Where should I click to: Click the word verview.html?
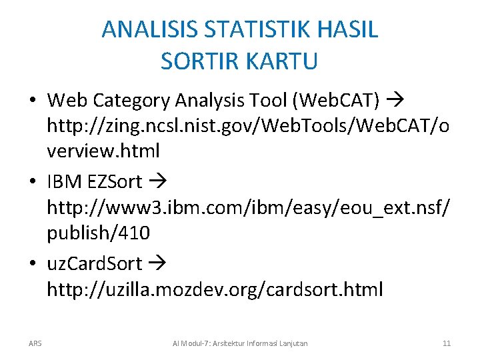click(103, 151)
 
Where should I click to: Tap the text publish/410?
click(98, 233)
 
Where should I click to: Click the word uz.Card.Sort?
click(94, 264)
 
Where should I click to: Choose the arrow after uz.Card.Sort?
click(157, 264)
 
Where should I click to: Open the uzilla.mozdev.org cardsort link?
click(215, 289)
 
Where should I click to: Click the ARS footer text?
click(35, 343)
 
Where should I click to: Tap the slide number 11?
click(447, 343)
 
